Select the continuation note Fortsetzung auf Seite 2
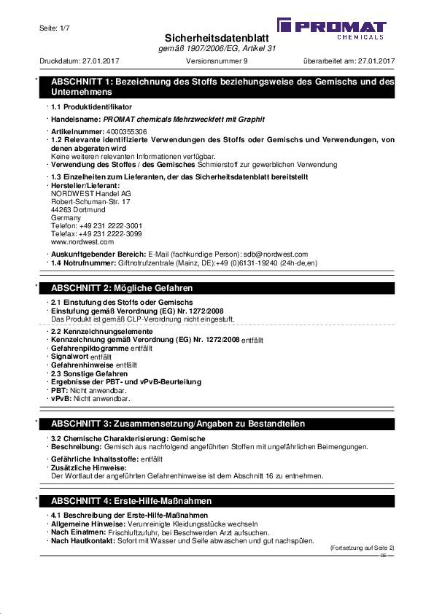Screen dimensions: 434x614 click(x=362, y=548)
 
